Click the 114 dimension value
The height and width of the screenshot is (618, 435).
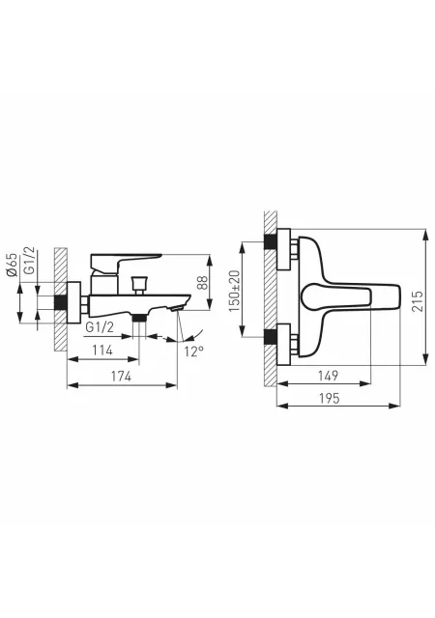[102, 350]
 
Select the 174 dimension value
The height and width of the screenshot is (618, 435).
[121, 377]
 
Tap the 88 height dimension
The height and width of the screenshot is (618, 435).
[202, 282]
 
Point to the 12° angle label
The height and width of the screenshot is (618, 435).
[193, 351]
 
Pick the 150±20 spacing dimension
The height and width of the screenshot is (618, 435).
[234, 291]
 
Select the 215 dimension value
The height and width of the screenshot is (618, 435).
[417, 301]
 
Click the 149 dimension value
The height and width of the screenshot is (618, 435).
[328, 376]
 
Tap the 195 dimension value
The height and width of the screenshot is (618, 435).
[329, 398]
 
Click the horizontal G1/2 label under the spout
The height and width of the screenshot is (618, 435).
[100, 327]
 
